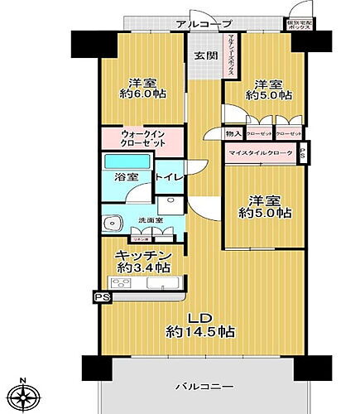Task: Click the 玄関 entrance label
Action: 204,56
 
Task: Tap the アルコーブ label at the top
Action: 203,24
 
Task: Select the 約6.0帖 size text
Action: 142,95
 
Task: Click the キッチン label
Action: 143,255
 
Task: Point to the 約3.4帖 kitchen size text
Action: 143,267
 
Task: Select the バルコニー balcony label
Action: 203,387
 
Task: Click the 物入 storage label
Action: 233,133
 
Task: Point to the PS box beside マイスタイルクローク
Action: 303,153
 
